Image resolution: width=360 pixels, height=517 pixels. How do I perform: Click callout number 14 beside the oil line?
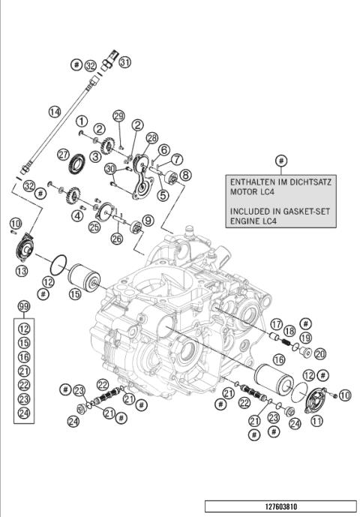[55, 112]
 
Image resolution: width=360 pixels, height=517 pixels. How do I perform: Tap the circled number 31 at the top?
[125, 62]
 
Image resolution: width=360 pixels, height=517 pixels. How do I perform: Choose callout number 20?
[320, 354]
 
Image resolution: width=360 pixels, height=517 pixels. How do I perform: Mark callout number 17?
[277, 325]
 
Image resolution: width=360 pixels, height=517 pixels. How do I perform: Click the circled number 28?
[152, 138]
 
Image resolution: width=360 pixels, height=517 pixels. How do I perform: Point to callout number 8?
[185, 174]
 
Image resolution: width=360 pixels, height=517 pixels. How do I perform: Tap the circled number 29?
[118, 116]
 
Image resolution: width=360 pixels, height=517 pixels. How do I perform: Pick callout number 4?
[77, 216]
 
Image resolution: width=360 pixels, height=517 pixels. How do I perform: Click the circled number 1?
[80, 120]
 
